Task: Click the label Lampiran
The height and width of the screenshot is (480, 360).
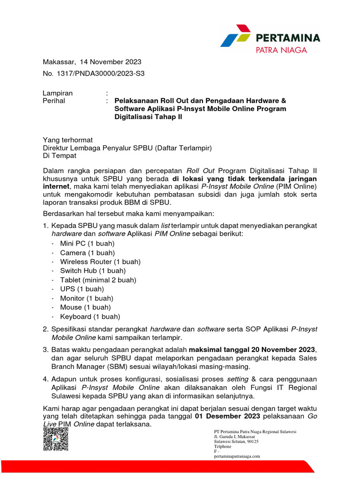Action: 58,93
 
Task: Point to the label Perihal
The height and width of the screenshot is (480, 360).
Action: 54,100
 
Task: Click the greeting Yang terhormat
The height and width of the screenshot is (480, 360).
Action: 68,140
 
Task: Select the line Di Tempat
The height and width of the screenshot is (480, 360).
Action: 60,157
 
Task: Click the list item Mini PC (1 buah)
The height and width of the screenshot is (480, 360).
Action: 87,243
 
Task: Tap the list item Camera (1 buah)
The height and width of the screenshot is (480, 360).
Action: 87,253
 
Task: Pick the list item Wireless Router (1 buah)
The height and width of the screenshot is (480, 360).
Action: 100,262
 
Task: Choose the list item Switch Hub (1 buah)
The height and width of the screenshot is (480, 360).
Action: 93,270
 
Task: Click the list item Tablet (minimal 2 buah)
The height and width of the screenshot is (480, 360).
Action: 98,280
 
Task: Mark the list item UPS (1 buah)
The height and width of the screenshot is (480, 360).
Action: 82,289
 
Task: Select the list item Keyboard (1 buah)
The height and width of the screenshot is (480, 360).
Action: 90,316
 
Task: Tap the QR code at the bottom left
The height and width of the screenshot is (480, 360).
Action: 56,439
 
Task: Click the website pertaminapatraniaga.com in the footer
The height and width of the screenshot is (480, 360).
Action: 237,456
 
